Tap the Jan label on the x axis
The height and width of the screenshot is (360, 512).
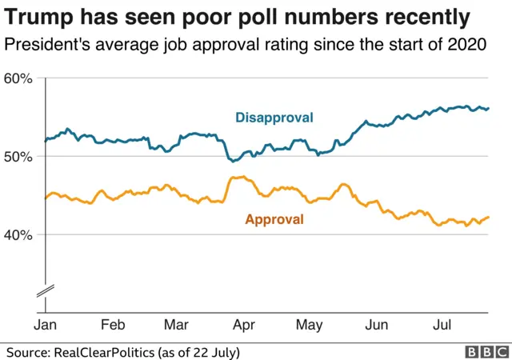(45, 325)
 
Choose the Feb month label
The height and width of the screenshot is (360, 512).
(112, 325)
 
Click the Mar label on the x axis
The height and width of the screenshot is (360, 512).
(176, 325)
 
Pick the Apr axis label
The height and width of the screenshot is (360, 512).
(242, 325)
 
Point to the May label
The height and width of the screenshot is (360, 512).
(309, 325)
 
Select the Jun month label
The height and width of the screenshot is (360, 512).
(376, 325)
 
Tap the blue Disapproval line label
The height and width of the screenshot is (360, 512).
(274, 118)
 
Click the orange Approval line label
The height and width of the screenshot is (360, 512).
(274, 219)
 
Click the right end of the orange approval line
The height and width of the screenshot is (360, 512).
(489, 217)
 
